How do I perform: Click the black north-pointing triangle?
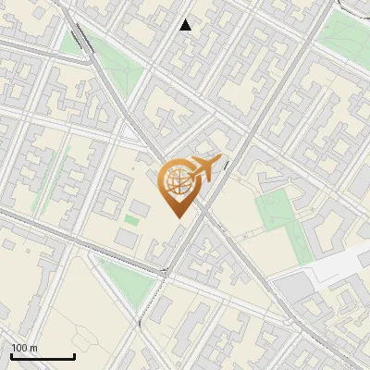(186, 25)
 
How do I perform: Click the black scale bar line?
(43, 356)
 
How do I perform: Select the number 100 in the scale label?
(19, 348)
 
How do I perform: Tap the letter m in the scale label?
(33, 348)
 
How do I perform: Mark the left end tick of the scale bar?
(11, 354)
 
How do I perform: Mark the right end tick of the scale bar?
(74, 354)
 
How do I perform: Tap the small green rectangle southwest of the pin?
(132, 218)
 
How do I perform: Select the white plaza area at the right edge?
(338, 268)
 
